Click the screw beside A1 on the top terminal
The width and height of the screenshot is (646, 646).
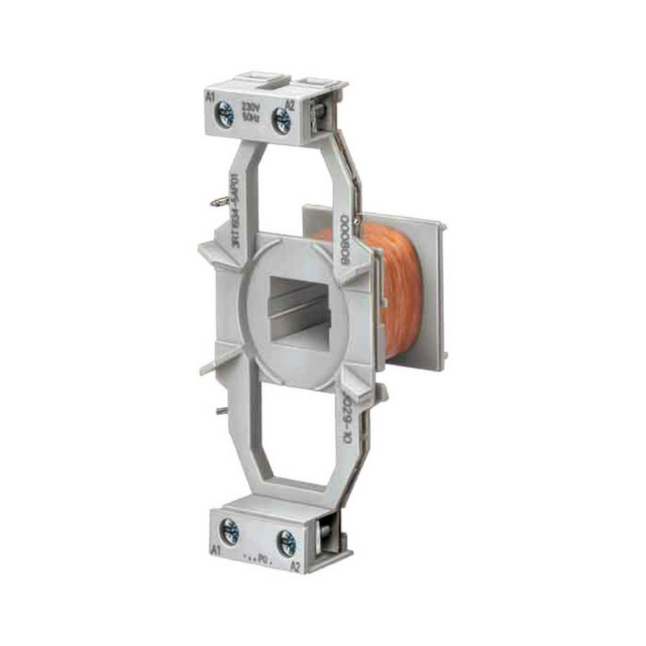click(226, 117)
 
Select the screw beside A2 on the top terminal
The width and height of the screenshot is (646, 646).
click(282, 121)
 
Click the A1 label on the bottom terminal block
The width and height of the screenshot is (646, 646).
click(216, 550)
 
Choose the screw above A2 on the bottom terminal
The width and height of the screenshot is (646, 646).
click(285, 543)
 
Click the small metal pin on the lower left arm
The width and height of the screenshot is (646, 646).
click(218, 411)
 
